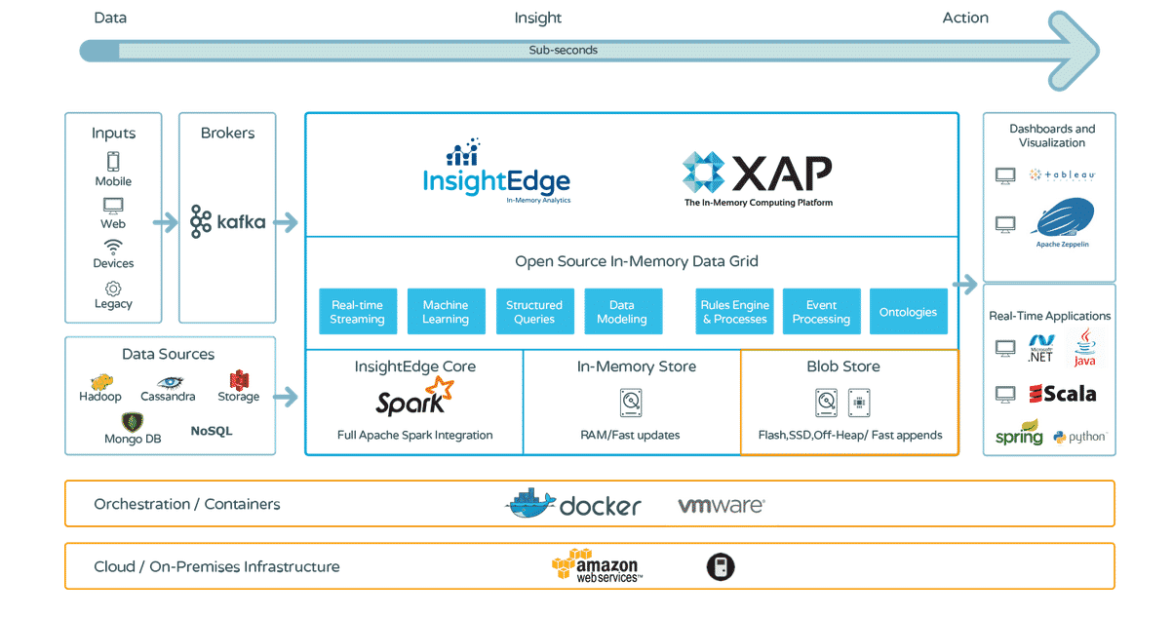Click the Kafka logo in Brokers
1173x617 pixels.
228,221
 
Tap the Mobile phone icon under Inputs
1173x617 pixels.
113,162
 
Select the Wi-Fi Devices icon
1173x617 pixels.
113,247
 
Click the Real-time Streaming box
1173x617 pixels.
357,312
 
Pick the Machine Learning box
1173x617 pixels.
446,312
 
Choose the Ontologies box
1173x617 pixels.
908,312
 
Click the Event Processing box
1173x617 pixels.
821,312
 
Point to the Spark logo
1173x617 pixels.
414,398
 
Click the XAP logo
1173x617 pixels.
758,176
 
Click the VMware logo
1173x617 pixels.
722,505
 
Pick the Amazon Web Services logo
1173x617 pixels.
596,565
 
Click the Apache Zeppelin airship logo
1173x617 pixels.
1064,219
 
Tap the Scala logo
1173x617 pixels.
1063,394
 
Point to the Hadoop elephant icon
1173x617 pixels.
100,381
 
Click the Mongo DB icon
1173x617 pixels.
133,422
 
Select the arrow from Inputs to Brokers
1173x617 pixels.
166,222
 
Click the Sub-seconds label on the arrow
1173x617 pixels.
564,50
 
